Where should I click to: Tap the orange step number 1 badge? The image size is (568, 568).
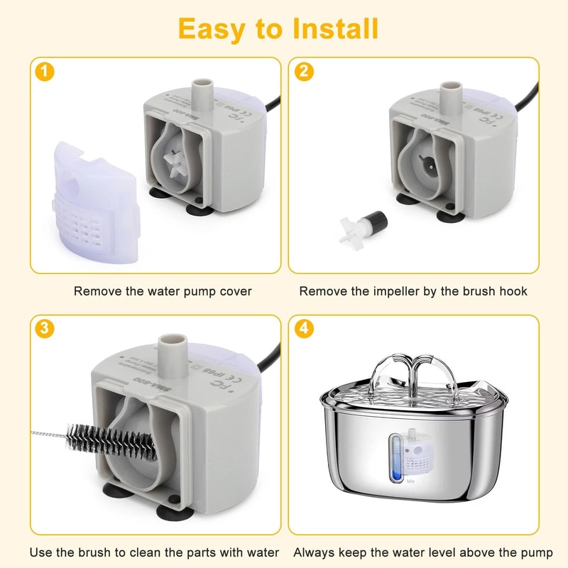point(44,71)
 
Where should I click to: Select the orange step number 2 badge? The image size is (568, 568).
point(304,71)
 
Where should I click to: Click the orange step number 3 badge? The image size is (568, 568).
point(44,328)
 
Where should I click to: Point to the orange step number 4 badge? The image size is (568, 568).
point(304,328)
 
